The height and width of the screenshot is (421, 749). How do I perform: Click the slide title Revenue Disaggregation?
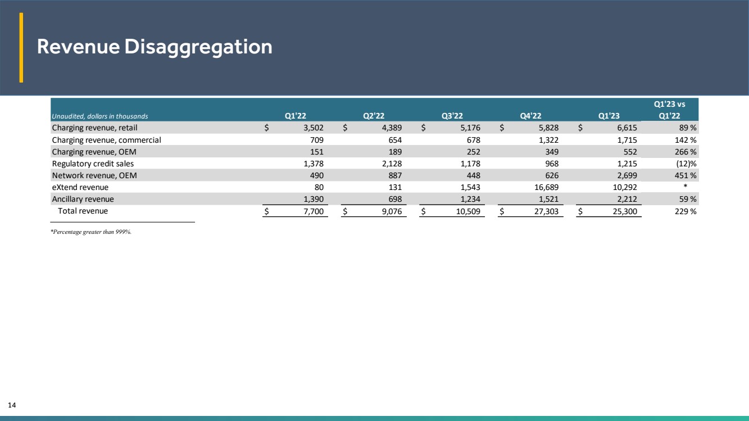(x=155, y=47)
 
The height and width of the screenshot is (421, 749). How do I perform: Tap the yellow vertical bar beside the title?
(x=21, y=47)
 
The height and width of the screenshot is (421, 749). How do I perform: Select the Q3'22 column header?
(x=452, y=116)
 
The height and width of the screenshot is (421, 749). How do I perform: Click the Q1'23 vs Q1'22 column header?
(x=669, y=110)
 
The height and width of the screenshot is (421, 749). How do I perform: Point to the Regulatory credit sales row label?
(x=93, y=164)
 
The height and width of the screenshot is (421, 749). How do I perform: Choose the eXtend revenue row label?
(x=80, y=187)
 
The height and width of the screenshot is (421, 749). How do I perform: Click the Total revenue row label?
(x=83, y=211)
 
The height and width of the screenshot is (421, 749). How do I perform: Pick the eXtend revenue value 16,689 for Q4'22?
(x=546, y=187)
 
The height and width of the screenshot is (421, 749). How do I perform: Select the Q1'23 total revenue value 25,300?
(x=625, y=211)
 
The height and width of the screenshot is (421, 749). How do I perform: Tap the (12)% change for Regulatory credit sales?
(x=686, y=164)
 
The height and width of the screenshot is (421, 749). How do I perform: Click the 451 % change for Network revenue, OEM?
(x=686, y=175)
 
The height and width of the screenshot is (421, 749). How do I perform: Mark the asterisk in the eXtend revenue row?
(x=686, y=186)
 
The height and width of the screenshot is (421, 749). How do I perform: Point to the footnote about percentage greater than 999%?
(x=91, y=232)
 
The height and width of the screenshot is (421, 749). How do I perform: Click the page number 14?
(x=12, y=405)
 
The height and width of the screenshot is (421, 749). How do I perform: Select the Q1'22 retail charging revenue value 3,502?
(x=314, y=128)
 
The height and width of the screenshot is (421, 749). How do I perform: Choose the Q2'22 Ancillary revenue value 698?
(x=395, y=200)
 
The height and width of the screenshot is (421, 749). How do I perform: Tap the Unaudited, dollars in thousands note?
(x=99, y=116)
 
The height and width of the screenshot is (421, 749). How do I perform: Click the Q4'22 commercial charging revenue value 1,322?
(x=548, y=140)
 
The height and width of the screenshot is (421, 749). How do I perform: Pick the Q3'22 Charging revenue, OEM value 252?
(x=474, y=152)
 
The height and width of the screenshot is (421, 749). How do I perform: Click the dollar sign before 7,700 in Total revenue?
(x=266, y=211)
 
